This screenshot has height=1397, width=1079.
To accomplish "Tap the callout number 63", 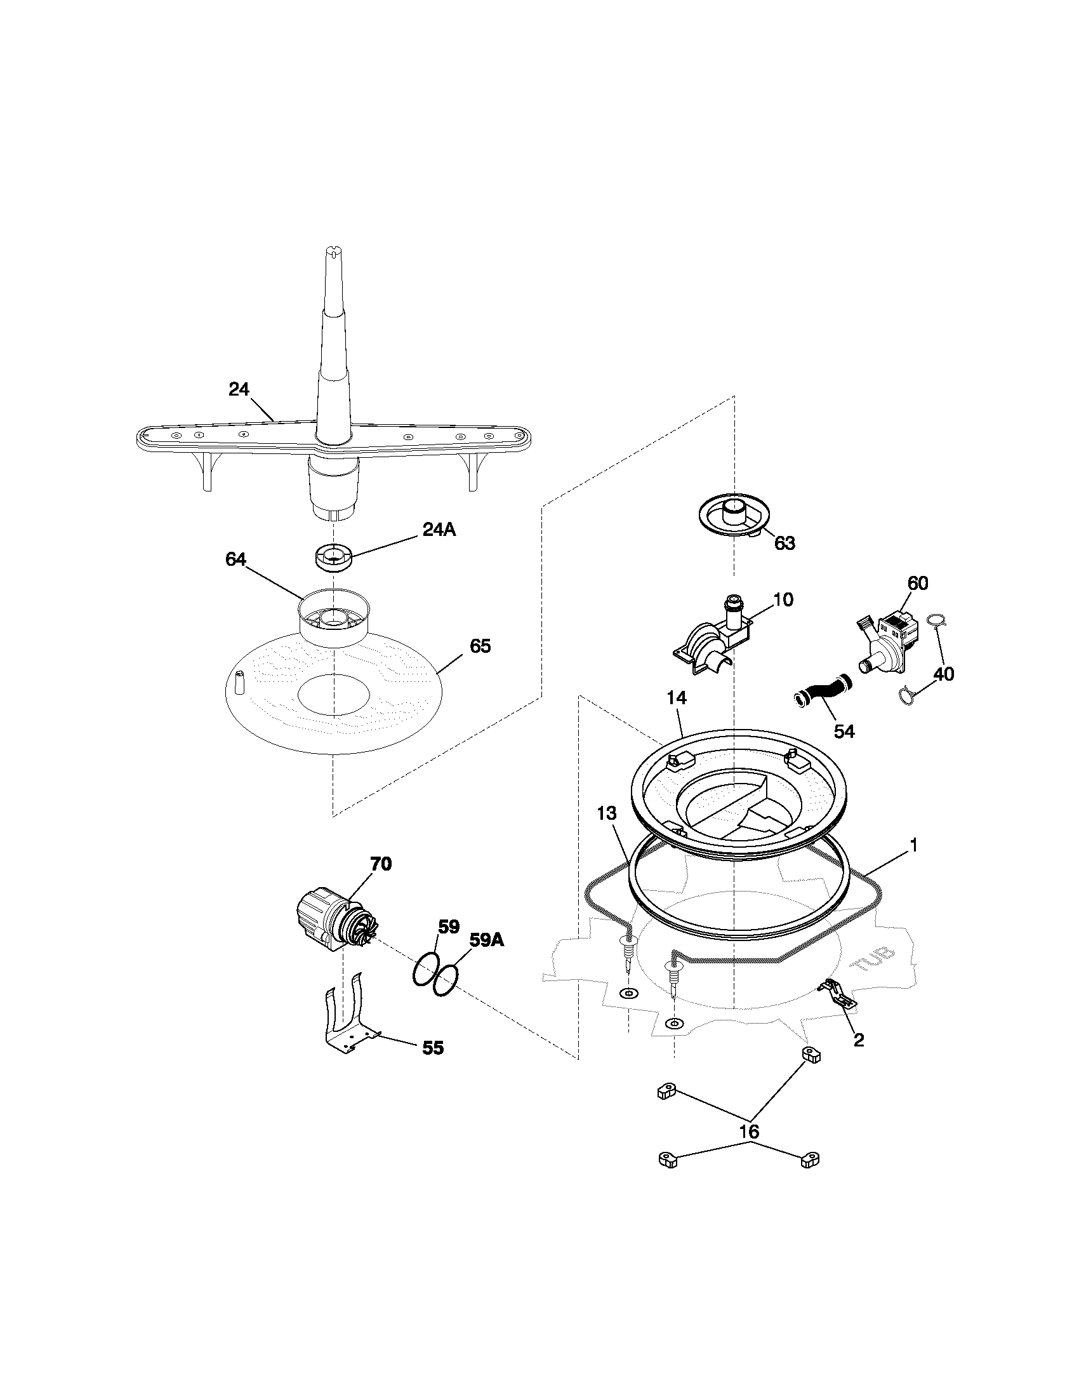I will tap(784, 543).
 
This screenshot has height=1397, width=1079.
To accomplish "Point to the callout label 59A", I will tap(487, 940).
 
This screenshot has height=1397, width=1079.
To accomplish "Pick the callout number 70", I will tap(381, 864).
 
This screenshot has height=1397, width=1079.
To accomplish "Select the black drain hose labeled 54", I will tap(824, 692).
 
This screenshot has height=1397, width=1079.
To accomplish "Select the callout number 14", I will tap(677, 698).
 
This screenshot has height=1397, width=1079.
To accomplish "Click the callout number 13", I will tap(607, 813).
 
